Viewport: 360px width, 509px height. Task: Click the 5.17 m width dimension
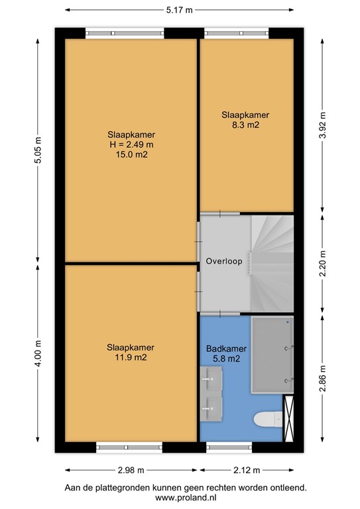point(179,10)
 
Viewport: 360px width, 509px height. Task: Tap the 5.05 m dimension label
point(38,150)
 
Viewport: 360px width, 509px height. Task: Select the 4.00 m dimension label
point(38,353)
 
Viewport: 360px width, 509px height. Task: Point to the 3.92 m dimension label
point(322,125)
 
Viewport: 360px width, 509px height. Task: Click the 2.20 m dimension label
point(322,264)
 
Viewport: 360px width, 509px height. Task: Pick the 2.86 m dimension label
point(322,378)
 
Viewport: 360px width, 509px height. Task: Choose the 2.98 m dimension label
point(131,470)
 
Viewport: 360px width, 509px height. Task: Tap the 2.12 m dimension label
point(247,470)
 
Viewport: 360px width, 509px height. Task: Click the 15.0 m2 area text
point(131,154)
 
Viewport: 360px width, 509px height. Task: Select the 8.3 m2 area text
point(245,125)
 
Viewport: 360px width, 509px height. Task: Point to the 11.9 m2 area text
point(131,357)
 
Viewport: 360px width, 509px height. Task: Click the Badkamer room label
point(227,349)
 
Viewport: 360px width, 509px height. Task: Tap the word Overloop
point(224,261)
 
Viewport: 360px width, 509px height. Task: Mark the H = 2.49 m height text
point(131,144)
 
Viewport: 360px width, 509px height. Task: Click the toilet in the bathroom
point(268,419)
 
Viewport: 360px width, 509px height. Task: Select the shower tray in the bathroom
point(272,355)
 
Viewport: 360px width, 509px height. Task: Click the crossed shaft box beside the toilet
point(288,418)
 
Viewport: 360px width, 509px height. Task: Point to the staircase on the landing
point(272,264)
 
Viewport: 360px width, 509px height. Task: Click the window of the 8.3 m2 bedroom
point(237,33)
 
